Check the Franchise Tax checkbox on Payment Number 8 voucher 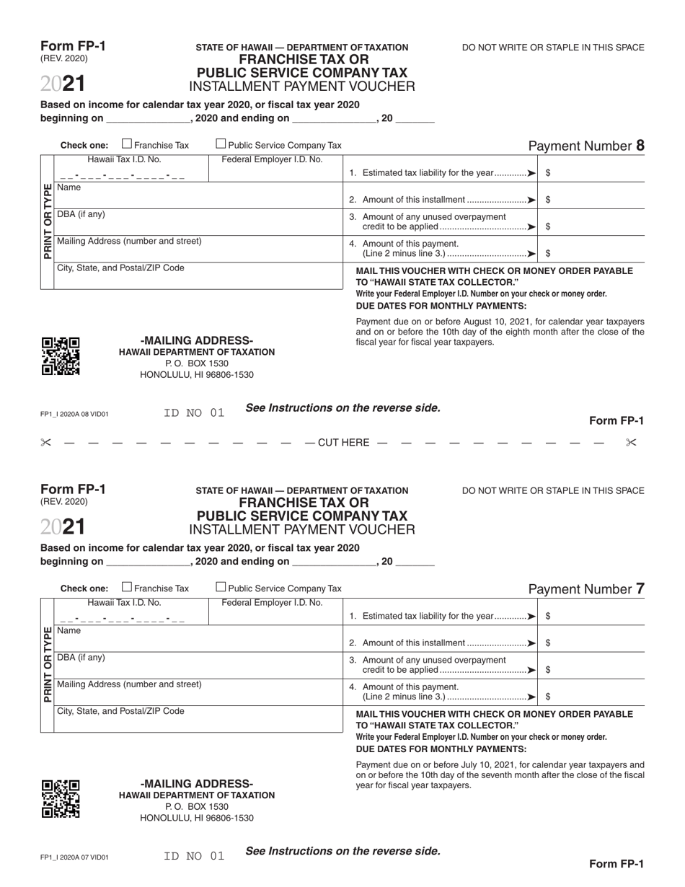pos(127,144)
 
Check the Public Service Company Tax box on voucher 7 pos(221,587)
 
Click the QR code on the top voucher pos(61,356)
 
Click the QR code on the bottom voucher pos(61,799)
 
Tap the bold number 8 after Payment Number pos(640,146)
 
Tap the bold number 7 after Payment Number pos(640,589)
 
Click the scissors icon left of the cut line pos(46,443)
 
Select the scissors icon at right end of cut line pos(631,443)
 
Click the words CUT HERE pos(343,443)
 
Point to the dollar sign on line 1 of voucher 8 pos(549,173)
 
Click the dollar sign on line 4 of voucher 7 pos(549,697)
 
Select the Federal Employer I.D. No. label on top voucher pos(272,159)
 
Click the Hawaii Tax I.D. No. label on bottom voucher pos(124,603)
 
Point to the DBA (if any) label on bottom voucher pos(81,658)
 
